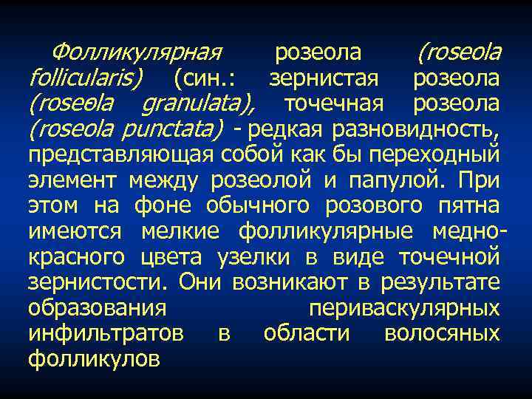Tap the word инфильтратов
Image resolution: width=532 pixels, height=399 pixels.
click(x=106, y=334)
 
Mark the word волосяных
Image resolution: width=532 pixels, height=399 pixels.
click(x=442, y=334)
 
